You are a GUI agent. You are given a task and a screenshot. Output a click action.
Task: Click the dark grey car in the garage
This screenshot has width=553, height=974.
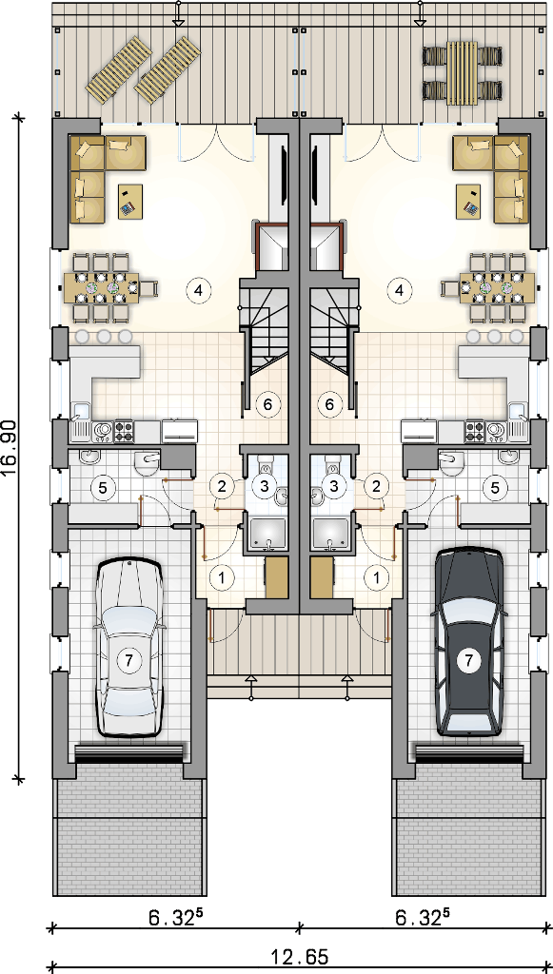coord(469,641)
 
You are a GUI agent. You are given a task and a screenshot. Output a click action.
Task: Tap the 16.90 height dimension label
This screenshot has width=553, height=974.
coord(13,447)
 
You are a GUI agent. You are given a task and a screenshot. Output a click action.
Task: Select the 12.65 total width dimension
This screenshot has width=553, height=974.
coord(299,957)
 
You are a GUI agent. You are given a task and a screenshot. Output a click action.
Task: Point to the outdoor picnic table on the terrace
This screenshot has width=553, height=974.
coord(462,72)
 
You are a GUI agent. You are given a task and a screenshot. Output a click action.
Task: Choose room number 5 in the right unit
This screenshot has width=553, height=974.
coord(495,488)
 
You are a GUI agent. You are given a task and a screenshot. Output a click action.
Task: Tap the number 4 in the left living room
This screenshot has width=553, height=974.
coord(198,289)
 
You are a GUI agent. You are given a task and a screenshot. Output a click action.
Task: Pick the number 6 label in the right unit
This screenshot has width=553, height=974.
coord(330,404)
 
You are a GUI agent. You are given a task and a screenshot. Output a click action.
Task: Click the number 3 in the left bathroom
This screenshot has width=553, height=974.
coord(266,486)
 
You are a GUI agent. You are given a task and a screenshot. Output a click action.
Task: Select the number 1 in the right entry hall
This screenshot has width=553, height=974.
coord(377,577)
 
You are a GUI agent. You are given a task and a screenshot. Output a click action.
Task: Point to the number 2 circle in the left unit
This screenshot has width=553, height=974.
coord(221,486)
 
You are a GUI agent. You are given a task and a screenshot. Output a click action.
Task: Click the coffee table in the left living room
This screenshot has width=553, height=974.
coord(130,202)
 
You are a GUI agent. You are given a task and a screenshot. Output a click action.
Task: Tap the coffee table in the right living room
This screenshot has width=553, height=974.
coord(468,202)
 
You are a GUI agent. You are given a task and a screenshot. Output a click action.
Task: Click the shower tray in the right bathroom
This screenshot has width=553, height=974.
coord(332,536)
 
